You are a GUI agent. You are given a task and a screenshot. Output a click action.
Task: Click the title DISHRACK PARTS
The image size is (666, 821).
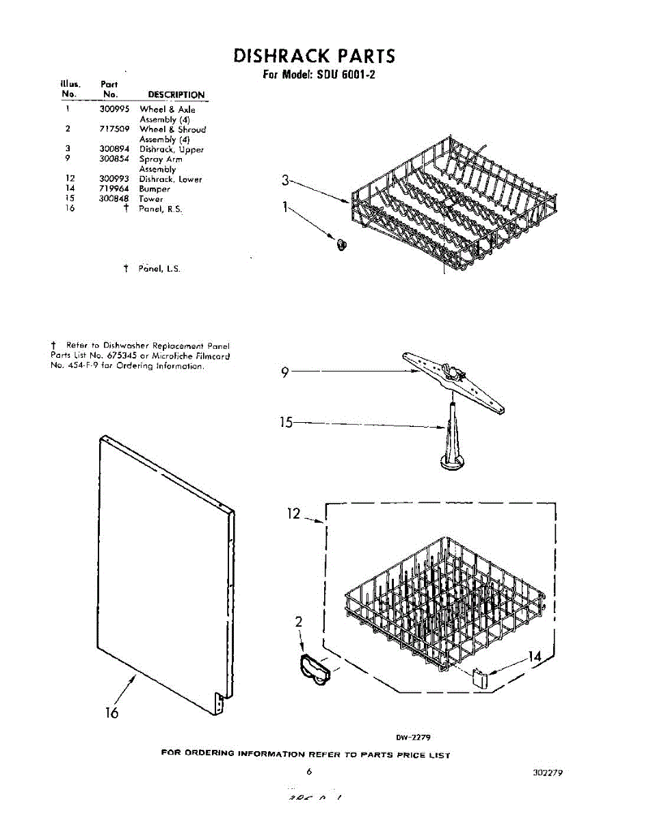point(314,55)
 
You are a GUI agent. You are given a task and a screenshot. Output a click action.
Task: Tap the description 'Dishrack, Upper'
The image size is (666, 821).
point(172,149)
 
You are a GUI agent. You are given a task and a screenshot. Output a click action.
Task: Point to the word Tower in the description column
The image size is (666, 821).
point(151,199)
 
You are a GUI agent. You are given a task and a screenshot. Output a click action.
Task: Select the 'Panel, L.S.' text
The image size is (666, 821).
point(159,269)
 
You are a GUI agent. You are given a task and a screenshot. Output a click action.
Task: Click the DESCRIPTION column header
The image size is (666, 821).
point(176,95)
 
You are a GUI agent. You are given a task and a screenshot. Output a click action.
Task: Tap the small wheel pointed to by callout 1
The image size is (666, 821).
point(342,244)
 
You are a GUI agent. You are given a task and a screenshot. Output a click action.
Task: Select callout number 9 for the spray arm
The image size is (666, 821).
point(286,373)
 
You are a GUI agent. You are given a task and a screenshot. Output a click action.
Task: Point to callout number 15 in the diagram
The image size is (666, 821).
point(285,423)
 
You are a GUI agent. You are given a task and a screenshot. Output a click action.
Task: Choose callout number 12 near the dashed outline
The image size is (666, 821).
point(293,513)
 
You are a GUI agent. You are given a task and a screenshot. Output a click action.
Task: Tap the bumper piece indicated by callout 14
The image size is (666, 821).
point(481,680)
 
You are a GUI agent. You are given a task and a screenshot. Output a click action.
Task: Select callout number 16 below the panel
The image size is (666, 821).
point(111,713)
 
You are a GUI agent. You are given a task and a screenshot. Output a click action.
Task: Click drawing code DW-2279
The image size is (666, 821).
point(412,738)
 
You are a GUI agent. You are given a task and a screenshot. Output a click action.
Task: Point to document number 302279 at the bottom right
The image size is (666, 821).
point(546,772)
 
